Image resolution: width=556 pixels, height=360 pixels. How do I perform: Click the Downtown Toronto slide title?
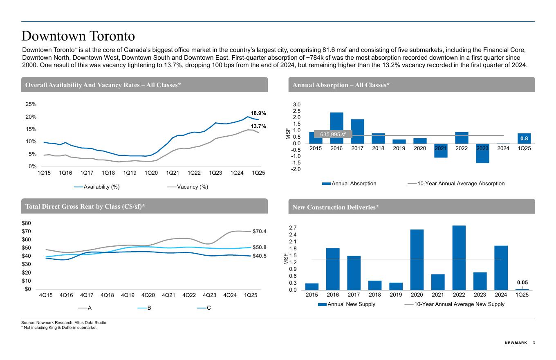pos(78,36)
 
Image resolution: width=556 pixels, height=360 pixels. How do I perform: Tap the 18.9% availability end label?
pos(258,113)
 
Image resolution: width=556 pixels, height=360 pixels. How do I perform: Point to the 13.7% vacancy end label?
pos(258,126)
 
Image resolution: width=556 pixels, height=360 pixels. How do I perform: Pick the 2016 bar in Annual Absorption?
pos(336,128)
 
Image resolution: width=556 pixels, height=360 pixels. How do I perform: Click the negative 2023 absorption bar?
pos(482,153)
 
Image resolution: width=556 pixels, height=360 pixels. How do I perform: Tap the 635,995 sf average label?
pos(332,134)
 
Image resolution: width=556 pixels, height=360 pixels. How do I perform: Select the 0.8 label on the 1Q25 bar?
pos(524,139)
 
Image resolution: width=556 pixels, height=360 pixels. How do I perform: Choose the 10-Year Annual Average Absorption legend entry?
pos(460,183)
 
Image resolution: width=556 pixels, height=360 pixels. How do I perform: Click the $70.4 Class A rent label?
pos(259,232)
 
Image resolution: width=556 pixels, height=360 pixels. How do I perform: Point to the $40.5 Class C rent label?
pos(259,256)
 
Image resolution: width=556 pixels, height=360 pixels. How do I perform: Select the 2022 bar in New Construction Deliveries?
pos(459,258)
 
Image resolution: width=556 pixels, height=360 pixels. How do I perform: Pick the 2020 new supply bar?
pos(417,259)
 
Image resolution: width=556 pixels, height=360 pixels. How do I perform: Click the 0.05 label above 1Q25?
pos(522,282)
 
